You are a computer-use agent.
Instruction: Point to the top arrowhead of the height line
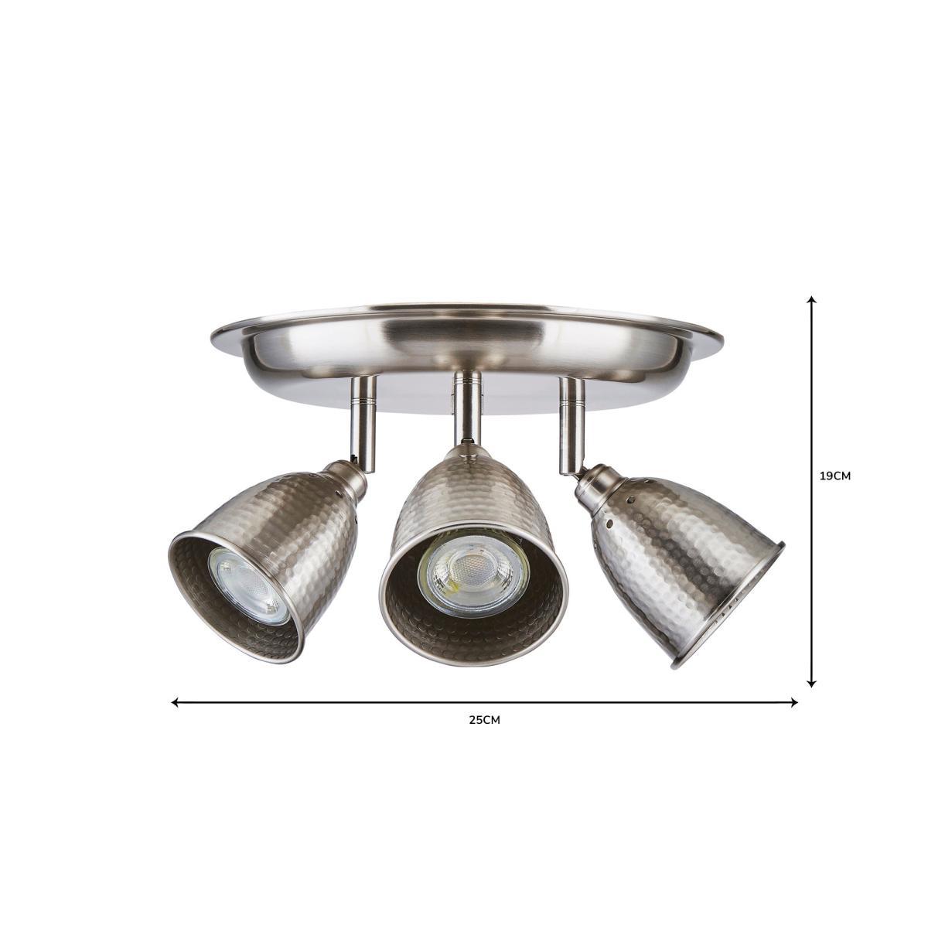pyautogui.click(x=813, y=299)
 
